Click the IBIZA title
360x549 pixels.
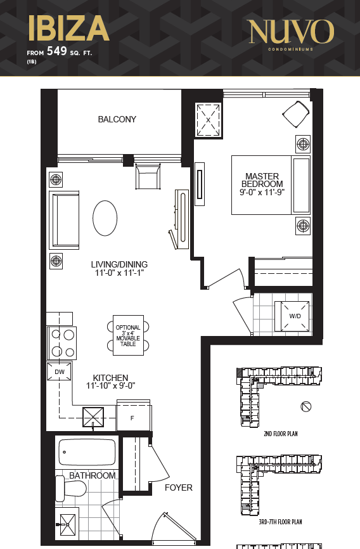pos(68,28)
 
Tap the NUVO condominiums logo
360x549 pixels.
pos(291,34)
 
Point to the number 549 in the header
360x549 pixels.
pos(57,51)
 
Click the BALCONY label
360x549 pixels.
pos(117,119)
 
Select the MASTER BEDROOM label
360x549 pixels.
pos(262,180)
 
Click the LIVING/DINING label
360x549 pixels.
pos(119,264)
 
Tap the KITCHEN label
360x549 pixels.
pos(110,378)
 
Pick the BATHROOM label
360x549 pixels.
pos(93,475)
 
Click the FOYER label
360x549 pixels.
pos(179,488)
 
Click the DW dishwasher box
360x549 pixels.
pos(60,371)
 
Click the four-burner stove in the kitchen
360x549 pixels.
pos(62,343)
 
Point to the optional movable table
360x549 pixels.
pos(128,335)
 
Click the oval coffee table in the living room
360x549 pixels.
pos(105,218)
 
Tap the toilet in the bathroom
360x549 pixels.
pos(71,488)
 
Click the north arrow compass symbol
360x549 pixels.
pos(305,406)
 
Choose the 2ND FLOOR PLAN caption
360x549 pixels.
pos(281,434)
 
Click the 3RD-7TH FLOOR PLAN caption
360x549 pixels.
pos(280,522)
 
